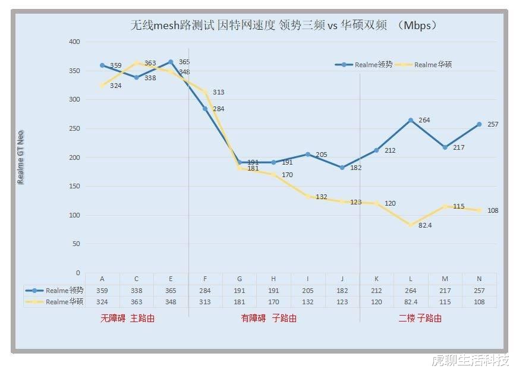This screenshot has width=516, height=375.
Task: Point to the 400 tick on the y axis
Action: (x=74, y=42)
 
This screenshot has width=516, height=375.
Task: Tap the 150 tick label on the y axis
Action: (x=74, y=187)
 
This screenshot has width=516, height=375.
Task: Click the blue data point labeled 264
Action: (x=410, y=121)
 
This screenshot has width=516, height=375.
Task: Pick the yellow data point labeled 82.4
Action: (x=410, y=225)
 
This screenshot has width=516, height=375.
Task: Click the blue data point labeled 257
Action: (x=479, y=125)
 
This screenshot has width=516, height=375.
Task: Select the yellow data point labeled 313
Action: (x=205, y=92)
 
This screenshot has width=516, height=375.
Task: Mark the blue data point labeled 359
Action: (x=102, y=65)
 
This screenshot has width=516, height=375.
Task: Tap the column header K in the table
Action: (x=376, y=279)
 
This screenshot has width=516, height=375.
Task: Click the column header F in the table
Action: (x=205, y=279)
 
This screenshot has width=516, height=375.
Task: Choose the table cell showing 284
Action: (x=205, y=291)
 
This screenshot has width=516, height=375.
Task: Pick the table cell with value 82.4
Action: (x=410, y=302)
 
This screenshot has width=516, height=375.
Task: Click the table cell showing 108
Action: (x=479, y=302)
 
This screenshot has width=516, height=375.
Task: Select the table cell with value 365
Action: (x=171, y=291)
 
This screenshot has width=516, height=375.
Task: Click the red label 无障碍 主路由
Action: (x=128, y=319)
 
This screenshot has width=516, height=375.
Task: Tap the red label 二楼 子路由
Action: (x=420, y=319)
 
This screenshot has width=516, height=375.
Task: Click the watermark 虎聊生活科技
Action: (x=470, y=361)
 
